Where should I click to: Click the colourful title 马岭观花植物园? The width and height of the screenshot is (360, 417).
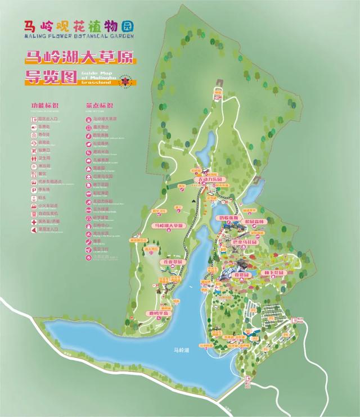pos(79,25)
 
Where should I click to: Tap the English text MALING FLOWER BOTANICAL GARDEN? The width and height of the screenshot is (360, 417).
pos(79,35)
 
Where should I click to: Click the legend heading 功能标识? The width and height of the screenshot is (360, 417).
pos(43,106)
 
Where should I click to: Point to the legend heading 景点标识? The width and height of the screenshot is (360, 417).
pos(99,106)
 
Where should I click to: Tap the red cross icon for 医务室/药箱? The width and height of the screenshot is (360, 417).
pos(34,221)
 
